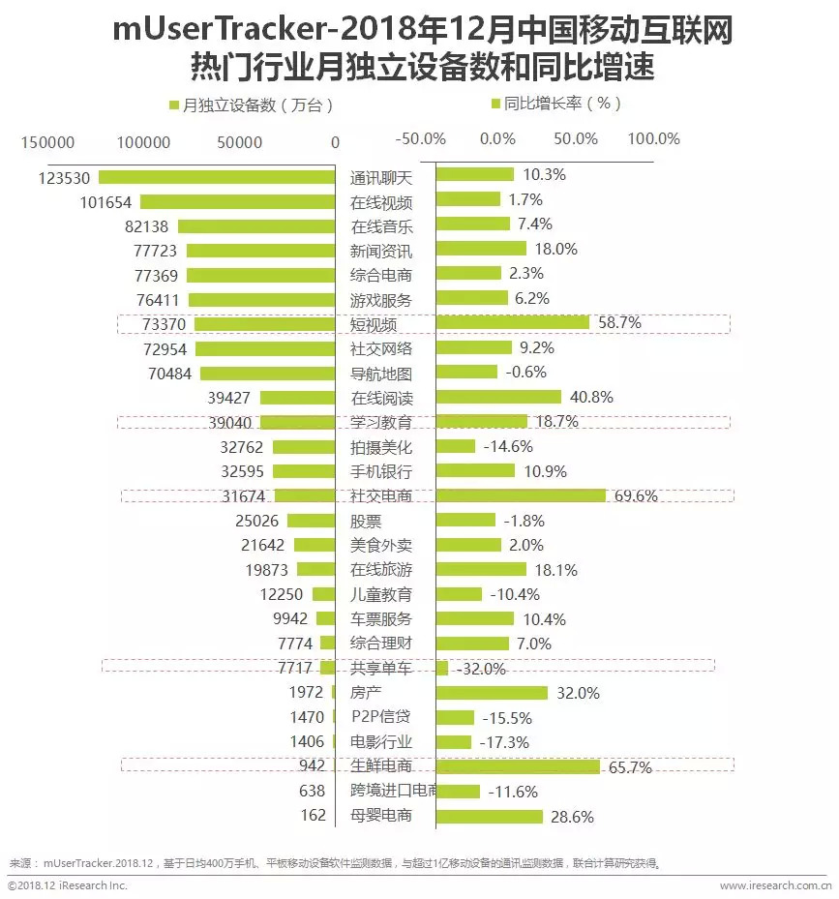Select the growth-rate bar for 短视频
pos(513,323)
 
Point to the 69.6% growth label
pos(636,496)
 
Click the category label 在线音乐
pos(381,226)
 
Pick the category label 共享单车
pos(381,669)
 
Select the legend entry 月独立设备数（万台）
pos(251,105)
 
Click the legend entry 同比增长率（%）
pos(555,103)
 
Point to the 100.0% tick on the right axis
pos(654,138)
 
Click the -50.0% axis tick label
pos(421,138)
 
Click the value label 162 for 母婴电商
pos(313,816)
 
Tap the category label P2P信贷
pos(381,717)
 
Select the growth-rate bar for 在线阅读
pos(498,398)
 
